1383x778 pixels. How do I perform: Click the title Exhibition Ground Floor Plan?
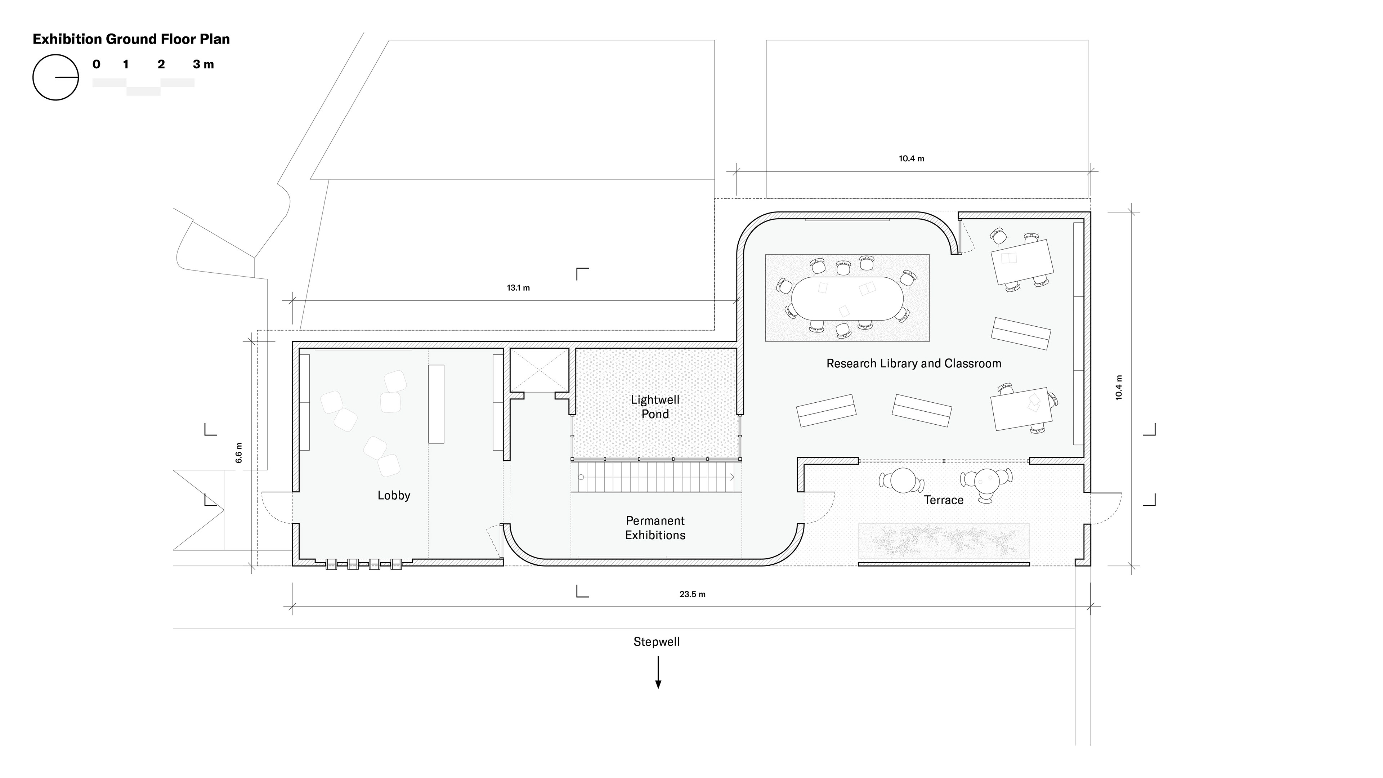[x=131, y=39]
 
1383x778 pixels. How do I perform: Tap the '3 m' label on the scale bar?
[x=203, y=64]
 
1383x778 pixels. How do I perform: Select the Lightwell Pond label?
[x=655, y=406]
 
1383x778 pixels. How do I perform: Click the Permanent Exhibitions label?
[x=655, y=528]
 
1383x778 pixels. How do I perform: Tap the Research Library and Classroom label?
[x=914, y=363]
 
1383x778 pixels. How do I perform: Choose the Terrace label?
[x=943, y=500]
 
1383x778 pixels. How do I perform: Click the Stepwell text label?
[x=657, y=641]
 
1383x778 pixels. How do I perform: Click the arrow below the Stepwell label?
[x=658, y=672]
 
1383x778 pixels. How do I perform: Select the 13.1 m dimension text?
[x=518, y=288]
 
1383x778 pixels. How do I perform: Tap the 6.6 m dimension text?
[x=239, y=453]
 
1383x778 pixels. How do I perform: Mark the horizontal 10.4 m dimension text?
[x=912, y=158]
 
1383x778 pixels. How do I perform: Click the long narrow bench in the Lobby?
[x=436, y=404]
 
